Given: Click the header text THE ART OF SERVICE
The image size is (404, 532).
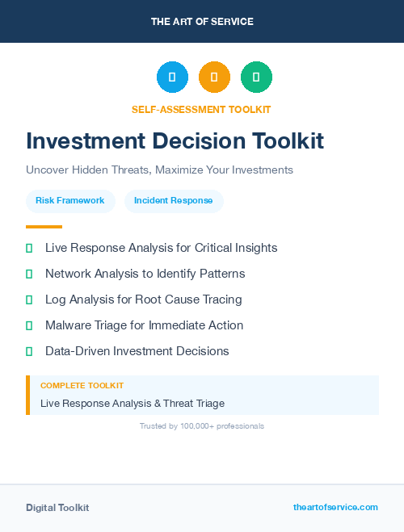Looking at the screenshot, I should tap(202, 22).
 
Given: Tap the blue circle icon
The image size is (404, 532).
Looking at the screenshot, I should tap(172, 77).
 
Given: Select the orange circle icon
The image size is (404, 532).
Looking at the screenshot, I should tap(214, 77).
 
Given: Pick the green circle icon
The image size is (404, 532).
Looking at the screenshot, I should tap(256, 77).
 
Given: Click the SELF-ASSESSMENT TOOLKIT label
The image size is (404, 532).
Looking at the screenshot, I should tap(201, 109).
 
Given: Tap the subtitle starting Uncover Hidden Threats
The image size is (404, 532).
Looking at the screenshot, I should tap(159, 170).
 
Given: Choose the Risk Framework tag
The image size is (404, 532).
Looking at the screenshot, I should tap(70, 201).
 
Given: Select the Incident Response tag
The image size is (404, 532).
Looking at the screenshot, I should tap(174, 201).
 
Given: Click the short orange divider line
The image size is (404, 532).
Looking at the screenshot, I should tap(44, 227).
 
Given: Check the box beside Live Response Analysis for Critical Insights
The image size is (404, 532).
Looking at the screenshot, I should tap(29, 248).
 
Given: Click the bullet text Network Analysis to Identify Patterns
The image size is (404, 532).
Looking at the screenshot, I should tap(145, 274).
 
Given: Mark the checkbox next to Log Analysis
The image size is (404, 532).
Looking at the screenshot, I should tap(29, 300).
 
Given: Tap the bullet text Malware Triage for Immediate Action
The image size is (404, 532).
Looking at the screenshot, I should tap(144, 325).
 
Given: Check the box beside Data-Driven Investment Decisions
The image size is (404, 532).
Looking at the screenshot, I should tap(29, 351).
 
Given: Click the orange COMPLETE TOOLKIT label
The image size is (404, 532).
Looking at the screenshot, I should tap(82, 386).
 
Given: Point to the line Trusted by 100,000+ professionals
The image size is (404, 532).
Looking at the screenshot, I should tap(202, 425).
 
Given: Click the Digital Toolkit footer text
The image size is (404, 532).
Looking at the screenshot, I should tap(57, 508).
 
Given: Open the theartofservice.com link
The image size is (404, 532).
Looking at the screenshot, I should tap(335, 507).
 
